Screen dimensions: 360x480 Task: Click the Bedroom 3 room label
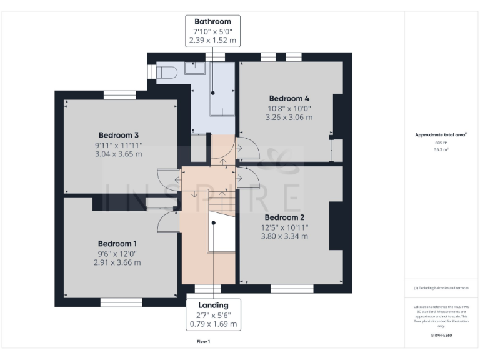118,135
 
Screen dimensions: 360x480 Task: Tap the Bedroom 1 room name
117,243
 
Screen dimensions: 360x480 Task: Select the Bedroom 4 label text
289,98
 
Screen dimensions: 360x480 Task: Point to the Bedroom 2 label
284,217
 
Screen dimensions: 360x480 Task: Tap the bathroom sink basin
194,67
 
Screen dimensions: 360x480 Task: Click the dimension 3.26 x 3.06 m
289,117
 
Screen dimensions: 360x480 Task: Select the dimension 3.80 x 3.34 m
284,236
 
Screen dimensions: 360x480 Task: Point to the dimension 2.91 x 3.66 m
117,262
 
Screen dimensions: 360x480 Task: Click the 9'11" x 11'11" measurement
118,145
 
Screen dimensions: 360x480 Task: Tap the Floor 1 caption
204,342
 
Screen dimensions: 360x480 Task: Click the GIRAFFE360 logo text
441,336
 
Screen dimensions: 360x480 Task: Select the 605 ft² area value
441,142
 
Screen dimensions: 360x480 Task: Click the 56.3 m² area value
441,150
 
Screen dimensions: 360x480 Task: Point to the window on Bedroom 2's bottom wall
291,288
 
